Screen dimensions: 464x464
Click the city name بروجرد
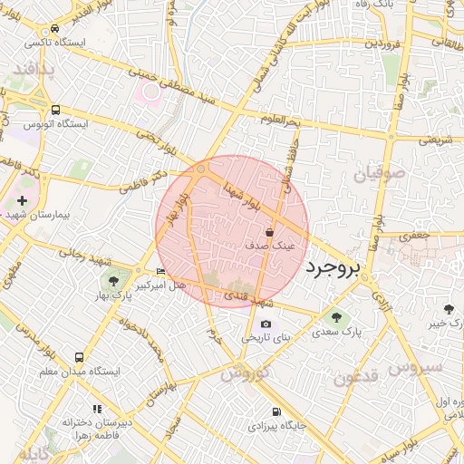coord(333,267)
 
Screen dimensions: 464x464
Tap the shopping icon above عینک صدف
coord(270,233)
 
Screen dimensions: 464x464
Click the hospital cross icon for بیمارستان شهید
coord(23,200)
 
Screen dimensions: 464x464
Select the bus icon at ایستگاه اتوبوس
coord(56,111)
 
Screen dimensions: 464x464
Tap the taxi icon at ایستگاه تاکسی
coord(56,29)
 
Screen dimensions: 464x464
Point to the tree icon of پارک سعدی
coord(337,317)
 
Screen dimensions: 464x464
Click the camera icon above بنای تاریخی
coord(266,324)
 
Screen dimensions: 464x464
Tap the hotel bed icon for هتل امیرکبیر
coord(160,271)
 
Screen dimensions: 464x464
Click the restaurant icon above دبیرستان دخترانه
coord(98,410)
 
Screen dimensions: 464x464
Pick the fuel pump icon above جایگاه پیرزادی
coord(275,411)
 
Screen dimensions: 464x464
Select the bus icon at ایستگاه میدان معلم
coord(80,358)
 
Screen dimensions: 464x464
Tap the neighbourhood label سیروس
coord(414,367)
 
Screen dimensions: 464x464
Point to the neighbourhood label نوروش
coord(245,373)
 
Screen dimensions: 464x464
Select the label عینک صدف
coord(270,246)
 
